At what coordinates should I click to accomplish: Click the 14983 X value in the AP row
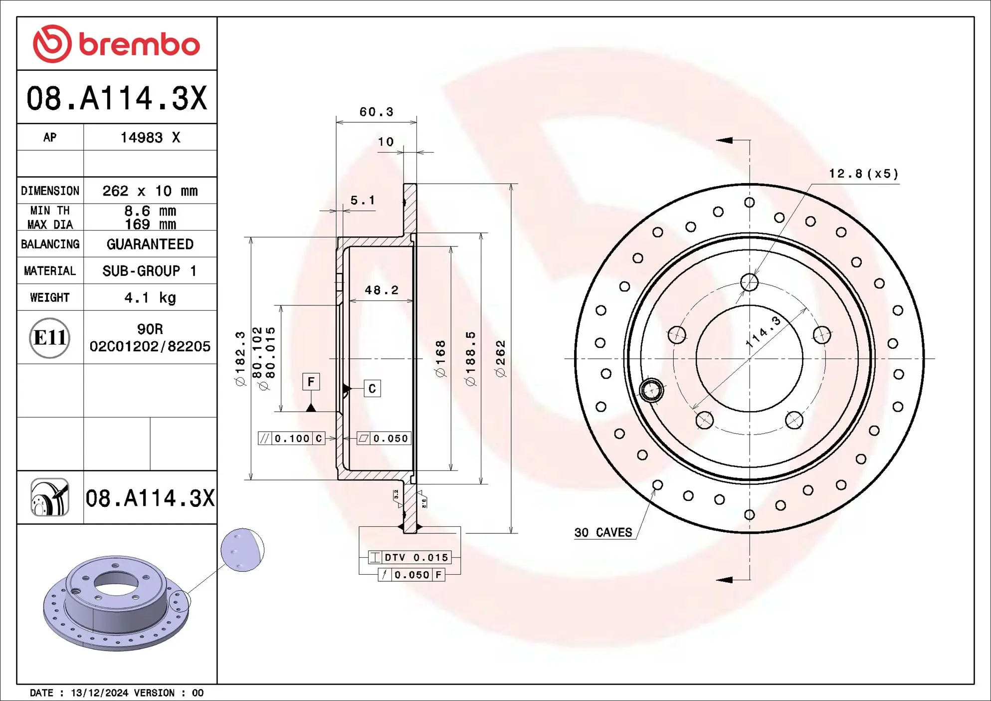150,138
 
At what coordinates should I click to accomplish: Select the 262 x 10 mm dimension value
150,191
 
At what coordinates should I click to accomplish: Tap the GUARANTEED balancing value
150,244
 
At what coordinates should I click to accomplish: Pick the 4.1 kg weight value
150,298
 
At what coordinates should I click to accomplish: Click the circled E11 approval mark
49,338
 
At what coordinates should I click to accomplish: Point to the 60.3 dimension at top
377,112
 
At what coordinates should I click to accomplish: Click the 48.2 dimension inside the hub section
382,290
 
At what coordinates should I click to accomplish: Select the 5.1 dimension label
363,201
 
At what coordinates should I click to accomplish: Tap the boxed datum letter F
311,382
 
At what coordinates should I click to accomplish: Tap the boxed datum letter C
372,389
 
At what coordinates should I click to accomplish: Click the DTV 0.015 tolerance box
410,557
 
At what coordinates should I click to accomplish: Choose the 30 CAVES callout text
603,532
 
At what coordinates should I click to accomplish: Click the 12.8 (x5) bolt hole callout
863,174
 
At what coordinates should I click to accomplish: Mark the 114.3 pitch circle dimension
763,331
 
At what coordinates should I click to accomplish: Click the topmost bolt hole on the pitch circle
749,282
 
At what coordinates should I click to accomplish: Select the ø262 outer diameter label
500,358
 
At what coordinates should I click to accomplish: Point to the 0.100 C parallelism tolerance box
292,439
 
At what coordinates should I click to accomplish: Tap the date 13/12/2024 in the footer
99,693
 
